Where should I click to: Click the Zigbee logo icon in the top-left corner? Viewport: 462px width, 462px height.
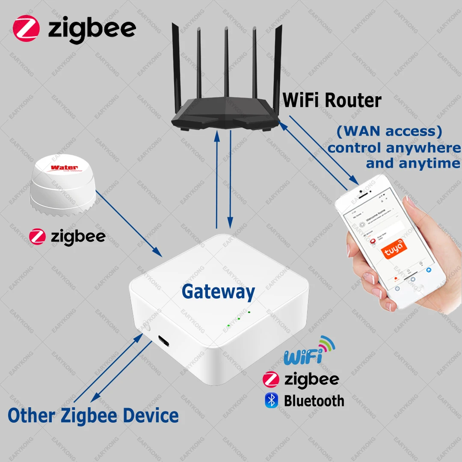point(26,28)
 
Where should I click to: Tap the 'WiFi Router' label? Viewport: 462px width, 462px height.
point(332,101)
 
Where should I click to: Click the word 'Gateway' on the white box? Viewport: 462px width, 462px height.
point(218,292)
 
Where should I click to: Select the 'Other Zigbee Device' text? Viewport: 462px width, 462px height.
point(93,415)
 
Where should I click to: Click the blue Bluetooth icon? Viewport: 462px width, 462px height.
point(271,400)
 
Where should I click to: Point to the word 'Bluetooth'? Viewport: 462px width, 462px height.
point(314,401)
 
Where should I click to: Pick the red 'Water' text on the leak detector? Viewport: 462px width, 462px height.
point(65,167)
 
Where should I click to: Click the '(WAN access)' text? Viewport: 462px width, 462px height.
point(389,131)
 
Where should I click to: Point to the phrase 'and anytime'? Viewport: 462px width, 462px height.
point(413,163)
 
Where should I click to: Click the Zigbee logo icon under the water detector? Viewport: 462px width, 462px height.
point(37,237)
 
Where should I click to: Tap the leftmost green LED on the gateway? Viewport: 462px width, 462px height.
point(229,326)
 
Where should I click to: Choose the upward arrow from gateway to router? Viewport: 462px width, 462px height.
point(217,180)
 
